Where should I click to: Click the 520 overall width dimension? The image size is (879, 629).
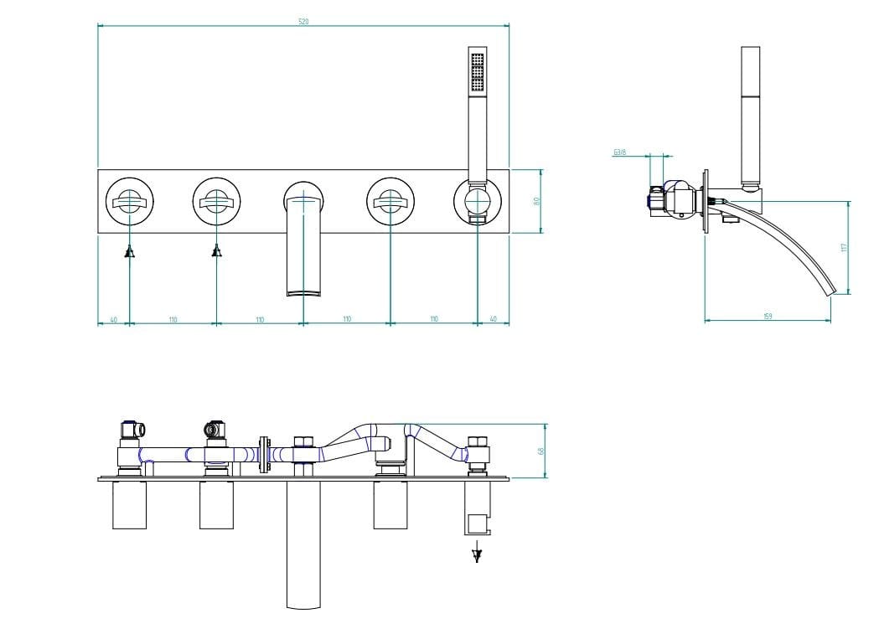pyautogui.click(x=303, y=21)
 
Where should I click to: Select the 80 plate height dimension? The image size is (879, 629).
pyautogui.click(x=537, y=201)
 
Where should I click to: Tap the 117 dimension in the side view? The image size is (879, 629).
pyautogui.click(x=845, y=247)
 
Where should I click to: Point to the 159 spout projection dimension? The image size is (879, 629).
pyautogui.click(x=768, y=316)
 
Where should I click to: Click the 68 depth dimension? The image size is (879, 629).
pyautogui.click(x=542, y=451)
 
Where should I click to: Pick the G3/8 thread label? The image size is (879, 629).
pyautogui.click(x=620, y=152)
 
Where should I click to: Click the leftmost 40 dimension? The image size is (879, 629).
pyautogui.click(x=113, y=319)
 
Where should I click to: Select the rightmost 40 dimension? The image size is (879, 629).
pyautogui.click(x=493, y=319)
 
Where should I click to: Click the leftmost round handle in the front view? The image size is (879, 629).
pyautogui.click(x=129, y=201)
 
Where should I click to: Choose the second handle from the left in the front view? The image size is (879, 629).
pyautogui.click(x=216, y=201)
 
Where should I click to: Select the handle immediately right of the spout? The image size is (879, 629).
pyautogui.click(x=390, y=201)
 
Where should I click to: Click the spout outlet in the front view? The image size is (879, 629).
pyautogui.click(x=303, y=291)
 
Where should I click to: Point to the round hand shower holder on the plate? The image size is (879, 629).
pyautogui.click(x=477, y=202)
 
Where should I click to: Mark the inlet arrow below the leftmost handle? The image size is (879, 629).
pyautogui.click(x=129, y=251)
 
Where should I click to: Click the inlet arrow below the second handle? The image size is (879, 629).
pyautogui.click(x=216, y=250)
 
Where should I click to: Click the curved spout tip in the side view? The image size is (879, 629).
pyautogui.click(x=832, y=291)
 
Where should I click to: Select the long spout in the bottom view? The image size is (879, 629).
pyautogui.click(x=303, y=544)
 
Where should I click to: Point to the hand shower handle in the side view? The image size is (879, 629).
pyautogui.click(x=751, y=117)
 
